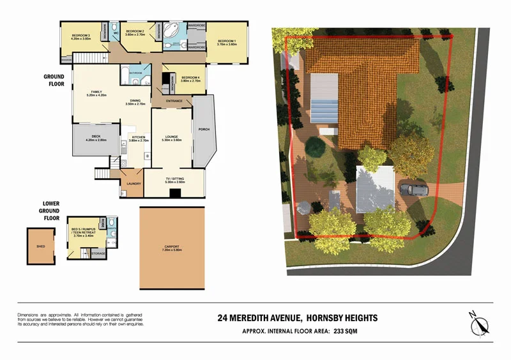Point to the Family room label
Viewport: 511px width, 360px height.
coord(96,93)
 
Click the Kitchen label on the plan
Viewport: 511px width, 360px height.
coord(139,137)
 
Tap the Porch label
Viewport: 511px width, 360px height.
coord(204,130)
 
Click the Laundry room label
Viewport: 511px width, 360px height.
coord(133,184)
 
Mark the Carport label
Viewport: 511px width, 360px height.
coord(172,246)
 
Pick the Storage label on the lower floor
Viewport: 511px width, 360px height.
coord(98,253)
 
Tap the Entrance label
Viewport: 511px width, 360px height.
coord(174,101)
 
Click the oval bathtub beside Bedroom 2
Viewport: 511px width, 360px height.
coord(172,31)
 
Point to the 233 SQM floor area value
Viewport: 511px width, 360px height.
coord(363,331)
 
